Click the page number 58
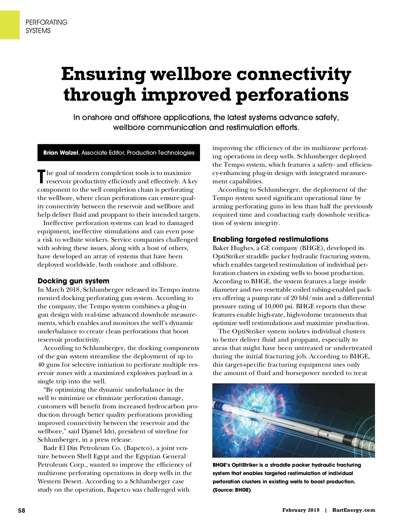click(21, 510)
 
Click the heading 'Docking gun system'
click(73, 281)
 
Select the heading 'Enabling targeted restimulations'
click(270, 239)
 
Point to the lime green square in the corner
click(10, 24)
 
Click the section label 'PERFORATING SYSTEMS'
click(46, 26)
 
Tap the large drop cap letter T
click(41, 177)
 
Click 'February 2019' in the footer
click(301, 510)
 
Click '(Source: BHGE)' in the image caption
click(232, 490)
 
